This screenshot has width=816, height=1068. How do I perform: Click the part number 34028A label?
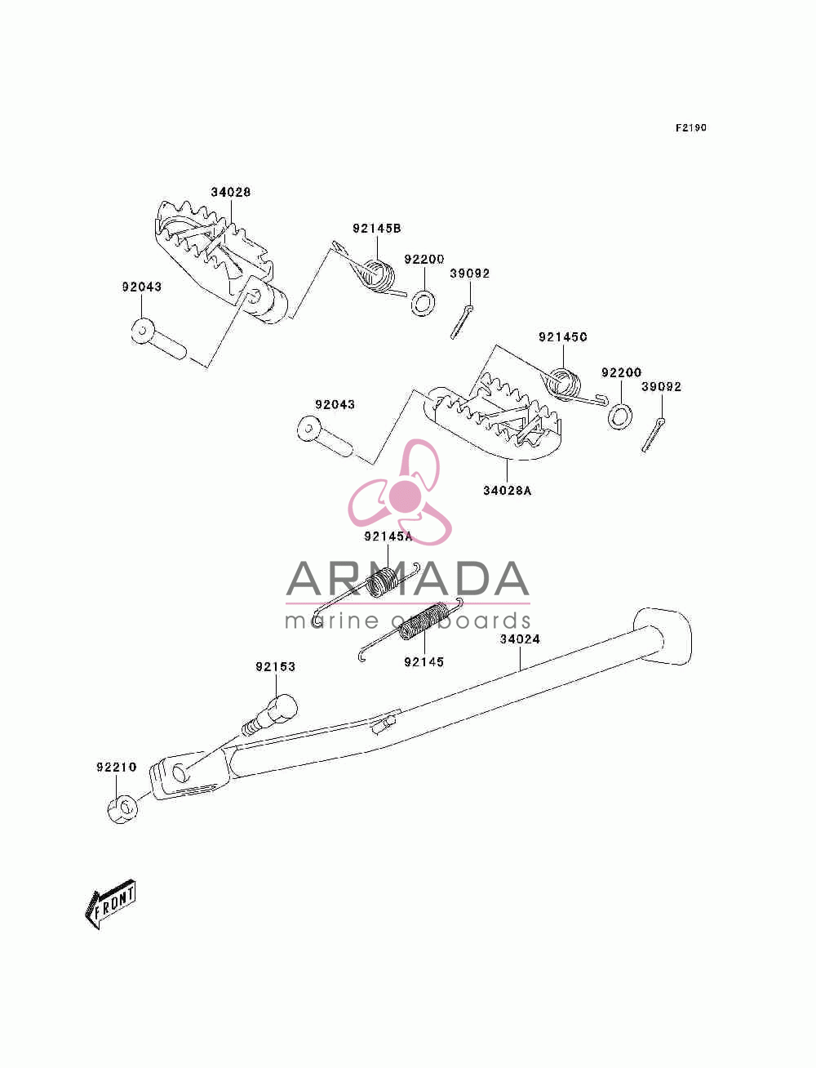pyautogui.click(x=507, y=491)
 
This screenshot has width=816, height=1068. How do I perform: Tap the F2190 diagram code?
pyautogui.click(x=690, y=127)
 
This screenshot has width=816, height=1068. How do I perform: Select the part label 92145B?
pyautogui.click(x=377, y=228)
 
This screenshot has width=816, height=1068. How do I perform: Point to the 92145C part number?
pyautogui.click(x=563, y=336)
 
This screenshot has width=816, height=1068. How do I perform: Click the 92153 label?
pyautogui.click(x=276, y=666)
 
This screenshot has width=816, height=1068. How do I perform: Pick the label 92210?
pyautogui.click(x=116, y=768)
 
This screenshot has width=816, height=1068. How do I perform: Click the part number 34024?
pyautogui.click(x=520, y=639)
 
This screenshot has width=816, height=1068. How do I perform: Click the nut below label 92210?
pyautogui.click(x=122, y=810)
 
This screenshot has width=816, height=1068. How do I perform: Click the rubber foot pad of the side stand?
pyautogui.click(x=662, y=636)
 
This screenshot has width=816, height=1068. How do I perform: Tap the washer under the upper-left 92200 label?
pyautogui.click(x=423, y=303)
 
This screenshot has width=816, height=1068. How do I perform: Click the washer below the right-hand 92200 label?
pyautogui.click(x=620, y=416)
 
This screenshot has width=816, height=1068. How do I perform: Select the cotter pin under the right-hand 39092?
pyautogui.click(x=653, y=434)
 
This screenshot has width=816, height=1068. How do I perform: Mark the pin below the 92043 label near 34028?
pyautogui.click(x=158, y=339)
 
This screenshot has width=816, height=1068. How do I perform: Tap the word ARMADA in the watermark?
pyautogui.click(x=407, y=579)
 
